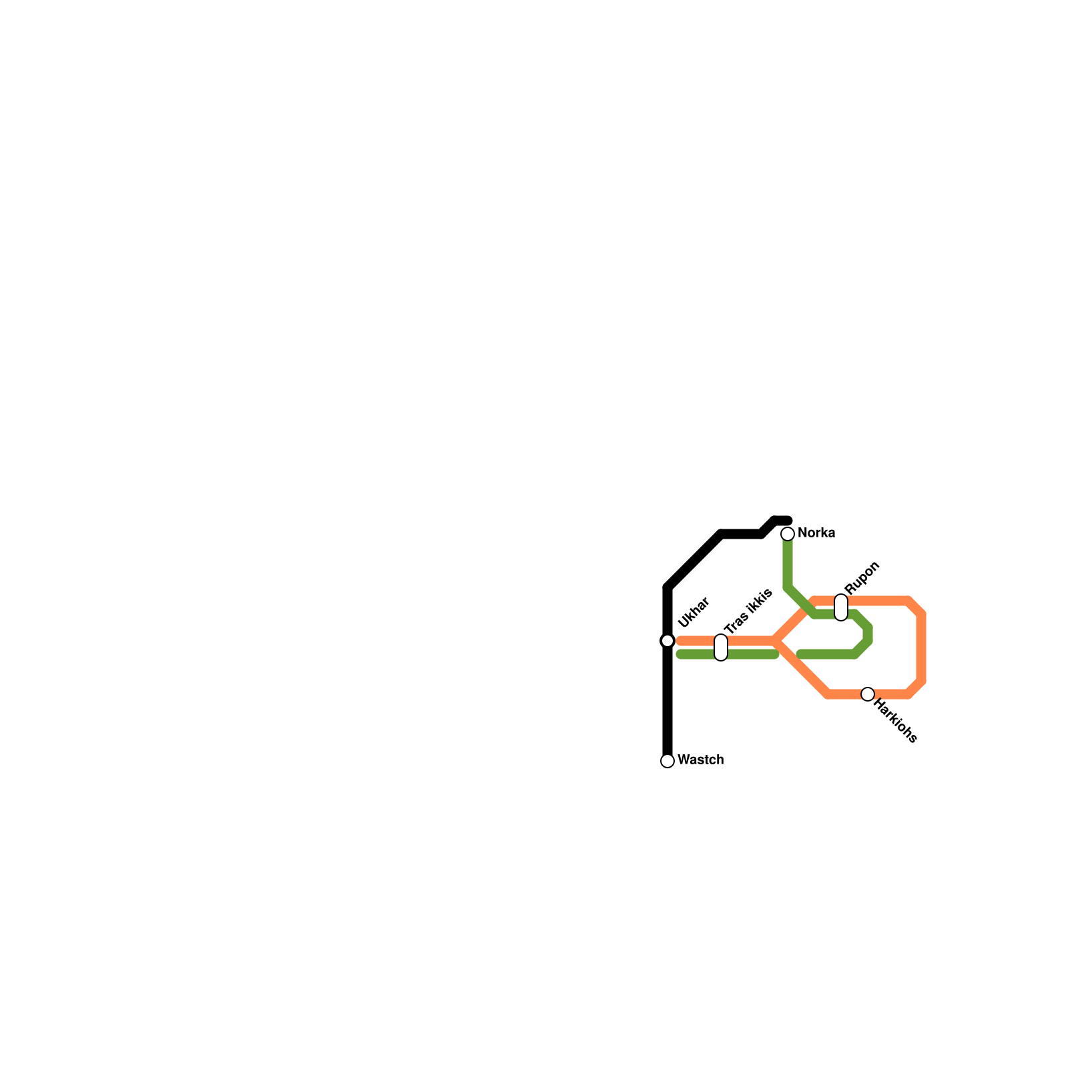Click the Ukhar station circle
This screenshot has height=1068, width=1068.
click(x=667, y=641)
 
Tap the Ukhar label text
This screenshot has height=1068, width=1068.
click(x=694, y=613)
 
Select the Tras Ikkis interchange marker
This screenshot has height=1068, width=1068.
click(x=721, y=647)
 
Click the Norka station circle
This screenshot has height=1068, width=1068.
click(x=788, y=534)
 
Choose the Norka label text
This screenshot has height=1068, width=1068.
click(x=816, y=533)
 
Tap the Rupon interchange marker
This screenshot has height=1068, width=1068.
click(x=841, y=607)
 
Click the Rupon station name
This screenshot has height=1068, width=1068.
click(x=862, y=577)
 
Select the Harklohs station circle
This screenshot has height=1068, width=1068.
click(x=868, y=694)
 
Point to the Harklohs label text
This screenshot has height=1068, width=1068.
click(x=895, y=721)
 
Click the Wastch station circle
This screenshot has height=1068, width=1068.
click(x=667, y=761)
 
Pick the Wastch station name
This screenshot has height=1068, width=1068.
click(x=700, y=760)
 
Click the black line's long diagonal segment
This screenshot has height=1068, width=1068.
click(x=694, y=561)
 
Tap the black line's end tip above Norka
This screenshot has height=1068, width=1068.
click(x=788, y=521)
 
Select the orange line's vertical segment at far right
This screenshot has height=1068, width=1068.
click(x=921, y=647)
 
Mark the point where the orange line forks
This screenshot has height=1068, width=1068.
click(x=776, y=641)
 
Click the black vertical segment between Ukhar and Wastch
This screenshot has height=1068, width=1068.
click(x=667, y=701)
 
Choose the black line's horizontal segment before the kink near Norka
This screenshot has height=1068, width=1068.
click(x=741, y=534)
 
